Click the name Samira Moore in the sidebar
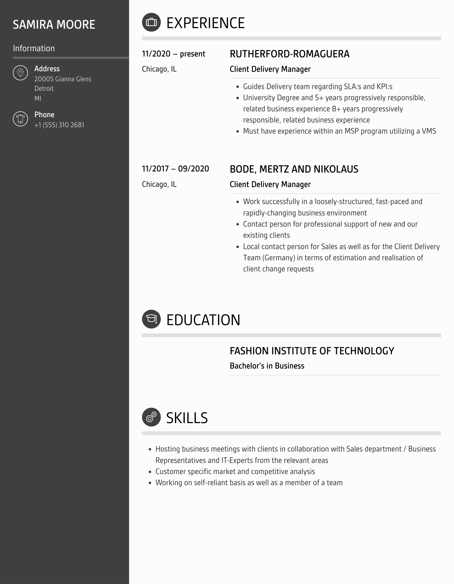[x=54, y=24]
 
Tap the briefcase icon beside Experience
[x=151, y=22]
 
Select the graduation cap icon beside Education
[x=151, y=319]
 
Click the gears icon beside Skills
[x=151, y=417]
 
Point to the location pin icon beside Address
[x=20, y=73]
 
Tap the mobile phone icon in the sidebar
[x=20, y=119]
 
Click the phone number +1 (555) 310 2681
[x=59, y=125]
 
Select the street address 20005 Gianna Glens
[x=63, y=79]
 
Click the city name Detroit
[x=44, y=89]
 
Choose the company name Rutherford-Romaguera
[x=290, y=54]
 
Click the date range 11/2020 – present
[x=174, y=54]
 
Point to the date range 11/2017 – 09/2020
[x=176, y=169]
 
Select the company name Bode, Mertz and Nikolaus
[x=294, y=169]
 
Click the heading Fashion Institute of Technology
[x=312, y=351]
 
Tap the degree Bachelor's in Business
[x=267, y=366]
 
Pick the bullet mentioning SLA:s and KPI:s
[x=318, y=87]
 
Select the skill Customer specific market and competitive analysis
[x=235, y=472]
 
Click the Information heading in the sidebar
[x=34, y=48]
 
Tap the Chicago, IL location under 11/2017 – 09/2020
[x=159, y=184]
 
